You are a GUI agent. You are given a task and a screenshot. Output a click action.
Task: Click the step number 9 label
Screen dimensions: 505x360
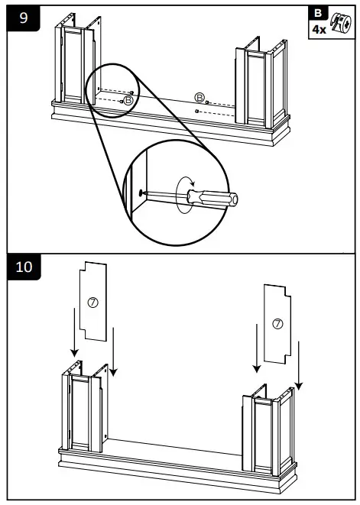(24, 18)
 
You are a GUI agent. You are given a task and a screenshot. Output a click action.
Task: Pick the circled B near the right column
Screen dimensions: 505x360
(200, 98)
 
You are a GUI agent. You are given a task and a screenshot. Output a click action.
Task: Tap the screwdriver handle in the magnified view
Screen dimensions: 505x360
(220, 198)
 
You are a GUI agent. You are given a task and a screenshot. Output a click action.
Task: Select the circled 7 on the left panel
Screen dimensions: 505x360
(93, 303)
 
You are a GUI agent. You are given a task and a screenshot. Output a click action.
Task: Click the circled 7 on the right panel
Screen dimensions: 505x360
(277, 324)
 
